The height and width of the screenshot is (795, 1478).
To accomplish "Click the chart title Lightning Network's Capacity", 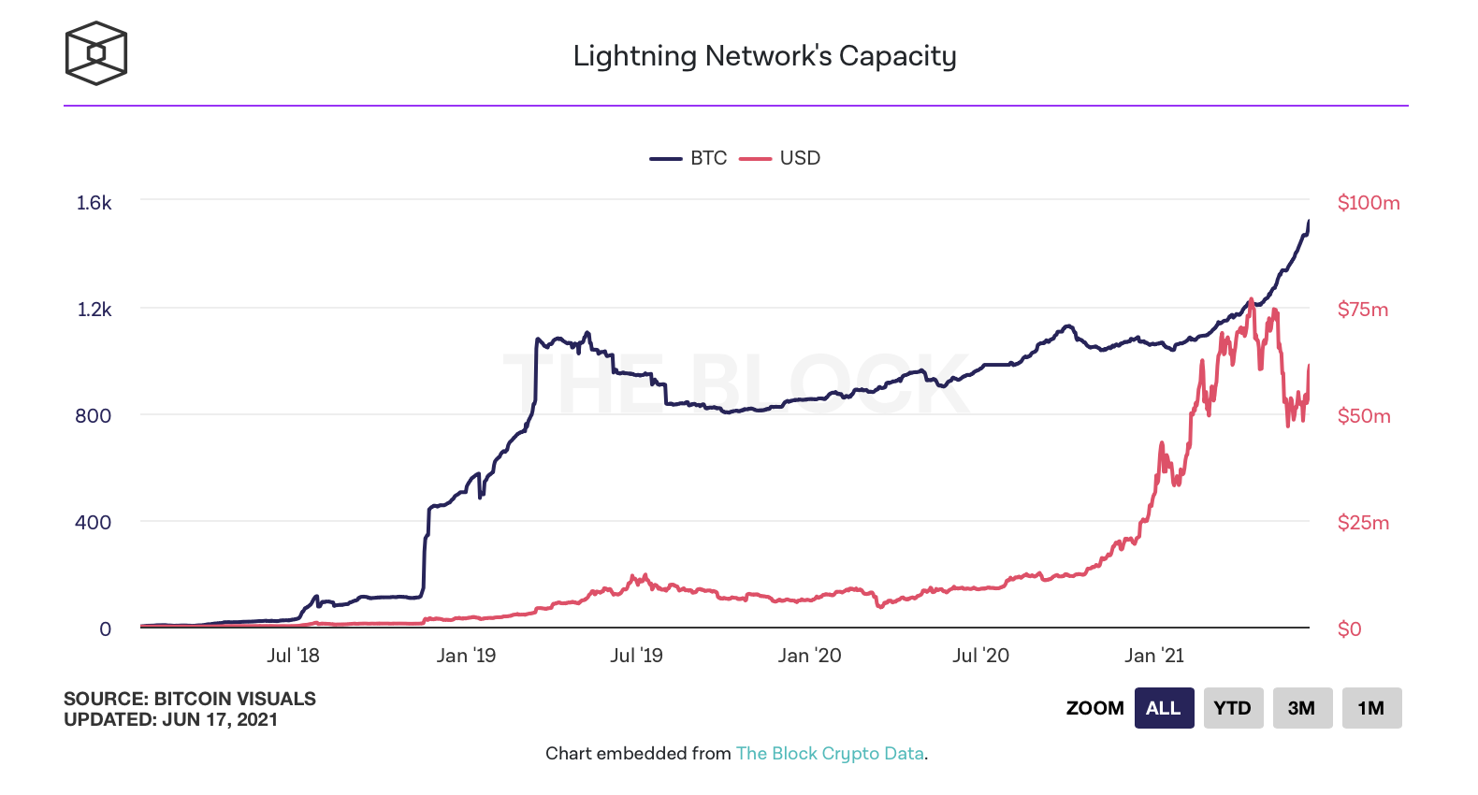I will pyautogui.click(x=764, y=56).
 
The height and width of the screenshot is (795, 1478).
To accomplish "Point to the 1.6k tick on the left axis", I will pyautogui.click(x=94, y=203).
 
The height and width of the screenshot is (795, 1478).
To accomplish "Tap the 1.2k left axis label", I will pyautogui.click(x=94, y=310).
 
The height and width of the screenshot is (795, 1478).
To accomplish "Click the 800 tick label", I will pyautogui.click(x=93, y=416).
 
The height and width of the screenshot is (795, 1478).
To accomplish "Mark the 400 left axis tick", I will pyautogui.click(x=93, y=523).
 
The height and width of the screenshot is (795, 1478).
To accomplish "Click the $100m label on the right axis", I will pyautogui.click(x=1368, y=203).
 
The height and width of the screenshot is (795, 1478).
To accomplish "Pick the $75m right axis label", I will pyautogui.click(x=1362, y=310).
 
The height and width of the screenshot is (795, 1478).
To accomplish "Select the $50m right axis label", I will pyautogui.click(x=1363, y=416).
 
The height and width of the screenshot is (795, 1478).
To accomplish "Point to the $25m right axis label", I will pyautogui.click(x=1362, y=523).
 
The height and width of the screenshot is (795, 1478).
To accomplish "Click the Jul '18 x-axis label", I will pyautogui.click(x=293, y=656).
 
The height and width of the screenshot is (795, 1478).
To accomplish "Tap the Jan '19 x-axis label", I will pyautogui.click(x=466, y=656).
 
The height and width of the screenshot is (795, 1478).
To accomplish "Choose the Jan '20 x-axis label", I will pyautogui.click(x=809, y=656).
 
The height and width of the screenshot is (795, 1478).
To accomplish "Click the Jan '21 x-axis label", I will pyautogui.click(x=1153, y=656).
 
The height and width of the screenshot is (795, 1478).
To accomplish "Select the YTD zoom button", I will pyautogui.click(x=1233, y=708).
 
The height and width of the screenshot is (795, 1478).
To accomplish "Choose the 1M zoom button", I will pyautogui.click(x=1371, y=708).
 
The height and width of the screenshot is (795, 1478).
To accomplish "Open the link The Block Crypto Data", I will pyautogui.click(x=830, y=754).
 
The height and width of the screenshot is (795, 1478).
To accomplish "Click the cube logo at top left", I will pyautogui.click(x=95, y=53).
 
